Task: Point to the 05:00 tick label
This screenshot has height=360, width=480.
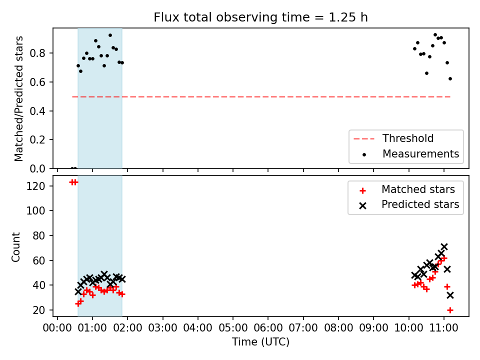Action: pyautogui.click(x=233, y=328)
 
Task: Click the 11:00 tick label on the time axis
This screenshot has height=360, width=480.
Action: pyautogui.click(x=443, y=328)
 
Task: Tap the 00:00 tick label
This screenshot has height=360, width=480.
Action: pyautogui.click(x=57, y=328)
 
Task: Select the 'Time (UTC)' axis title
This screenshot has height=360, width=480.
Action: pyautogui.click(x=261, y=342)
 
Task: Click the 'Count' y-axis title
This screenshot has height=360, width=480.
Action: pyautogui.click(x=16, y=247)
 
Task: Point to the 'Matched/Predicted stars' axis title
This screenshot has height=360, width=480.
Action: pyautogui.click(x=19, y=98)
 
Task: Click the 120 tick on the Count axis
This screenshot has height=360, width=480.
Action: pyautogui.click(x=35, y=186)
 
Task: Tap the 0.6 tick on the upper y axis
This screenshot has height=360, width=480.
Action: pyautogui.click(x=37, y=82)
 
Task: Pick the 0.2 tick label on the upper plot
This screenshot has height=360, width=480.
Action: pyautogui.click(x=37, y=139)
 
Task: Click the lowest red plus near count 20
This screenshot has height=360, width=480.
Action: pyautogui.click(x=450, y=310)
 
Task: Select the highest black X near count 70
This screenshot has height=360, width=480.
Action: pyautogui.click(x=444, y=246)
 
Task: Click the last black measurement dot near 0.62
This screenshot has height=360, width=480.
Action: pyautogui.click(x=450, y=78)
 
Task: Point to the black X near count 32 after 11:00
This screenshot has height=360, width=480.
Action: pyautogui.click(x=450, y=295)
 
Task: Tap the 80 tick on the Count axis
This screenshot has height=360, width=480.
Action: pyautogui.click(x=38, y=235)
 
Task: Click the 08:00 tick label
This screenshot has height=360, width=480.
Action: pyautogui.click(x=338, y=328)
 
